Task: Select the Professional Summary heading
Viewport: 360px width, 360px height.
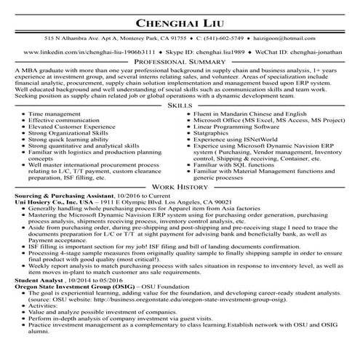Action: (180, 63)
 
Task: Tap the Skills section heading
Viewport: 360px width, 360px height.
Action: (180, 105)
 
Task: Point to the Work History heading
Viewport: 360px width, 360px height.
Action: (180, 187)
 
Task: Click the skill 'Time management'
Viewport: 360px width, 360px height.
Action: (55, 115)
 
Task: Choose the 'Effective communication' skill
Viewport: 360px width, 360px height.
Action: (65, 121)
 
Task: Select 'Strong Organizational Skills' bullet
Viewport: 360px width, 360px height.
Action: (69, 135)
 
